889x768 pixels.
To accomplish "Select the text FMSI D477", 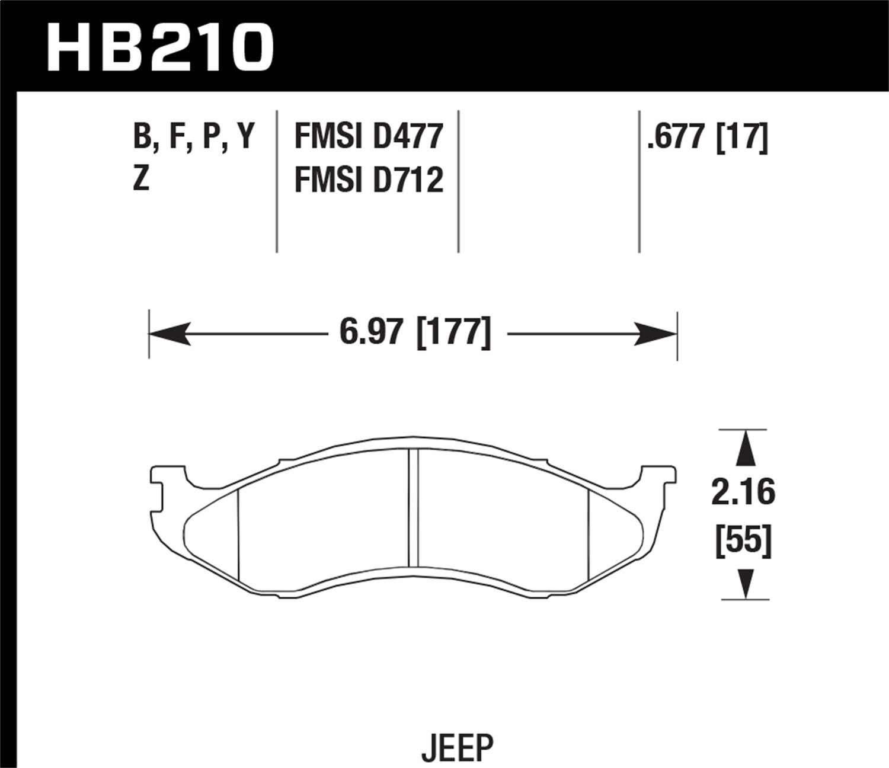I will point(368,137).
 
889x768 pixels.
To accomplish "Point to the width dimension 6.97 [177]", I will point(415,333).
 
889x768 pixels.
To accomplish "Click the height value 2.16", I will point(743,493).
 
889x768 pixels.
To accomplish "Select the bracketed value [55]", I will point(743,542).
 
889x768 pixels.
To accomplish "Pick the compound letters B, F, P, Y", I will point(193,137).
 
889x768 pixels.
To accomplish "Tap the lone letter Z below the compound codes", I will point(140,180).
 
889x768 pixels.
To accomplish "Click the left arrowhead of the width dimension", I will point(169,334).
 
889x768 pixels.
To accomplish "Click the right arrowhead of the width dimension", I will point(657,334).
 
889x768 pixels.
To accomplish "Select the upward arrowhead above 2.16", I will point(746,447).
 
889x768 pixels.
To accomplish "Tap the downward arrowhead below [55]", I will point(746,584).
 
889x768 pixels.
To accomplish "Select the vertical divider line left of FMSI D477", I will point(277,181).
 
